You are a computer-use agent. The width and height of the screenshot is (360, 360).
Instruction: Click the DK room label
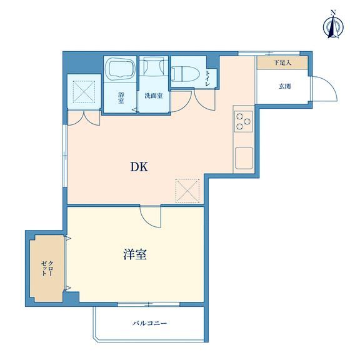[139, 167]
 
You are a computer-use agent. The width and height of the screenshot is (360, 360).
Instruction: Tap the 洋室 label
[135, 254]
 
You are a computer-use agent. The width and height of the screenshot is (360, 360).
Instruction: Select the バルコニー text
[149, 323]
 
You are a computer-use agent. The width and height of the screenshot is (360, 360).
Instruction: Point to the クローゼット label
[47, 268]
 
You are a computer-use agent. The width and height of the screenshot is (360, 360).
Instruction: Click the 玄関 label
[285, 86]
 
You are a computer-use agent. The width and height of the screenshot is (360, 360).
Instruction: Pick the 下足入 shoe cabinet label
[282, 62]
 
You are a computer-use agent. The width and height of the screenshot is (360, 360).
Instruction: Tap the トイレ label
[207, 79]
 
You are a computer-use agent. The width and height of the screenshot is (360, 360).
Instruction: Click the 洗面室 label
[154, 96]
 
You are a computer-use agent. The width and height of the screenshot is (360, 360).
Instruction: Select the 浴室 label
[121, 97]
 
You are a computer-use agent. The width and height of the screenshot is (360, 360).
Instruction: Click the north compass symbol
[333, 27]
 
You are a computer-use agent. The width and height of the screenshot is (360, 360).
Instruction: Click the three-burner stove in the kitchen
[243, 121]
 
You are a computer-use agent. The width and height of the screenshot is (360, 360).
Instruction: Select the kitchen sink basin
[244, 158]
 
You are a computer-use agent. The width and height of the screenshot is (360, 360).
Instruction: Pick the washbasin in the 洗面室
[154, 66]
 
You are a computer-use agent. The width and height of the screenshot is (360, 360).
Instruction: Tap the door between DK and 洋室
[151, 217]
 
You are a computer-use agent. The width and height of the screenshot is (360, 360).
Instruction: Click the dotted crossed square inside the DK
[187, 191]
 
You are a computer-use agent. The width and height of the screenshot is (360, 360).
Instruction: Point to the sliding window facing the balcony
[149, 304]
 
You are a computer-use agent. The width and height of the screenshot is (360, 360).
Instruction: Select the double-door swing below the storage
[84, 118]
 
